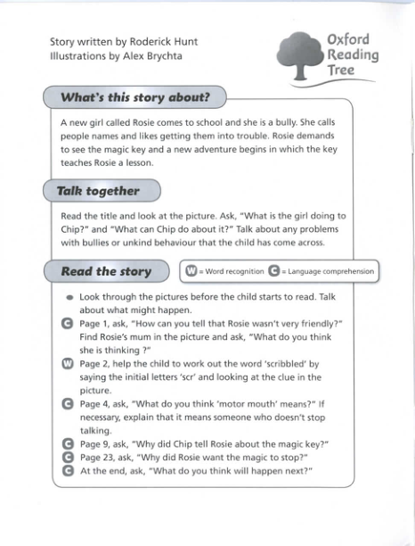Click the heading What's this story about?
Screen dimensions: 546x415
[x=134, y=96]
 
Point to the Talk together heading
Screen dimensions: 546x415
[x=98, y=190]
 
